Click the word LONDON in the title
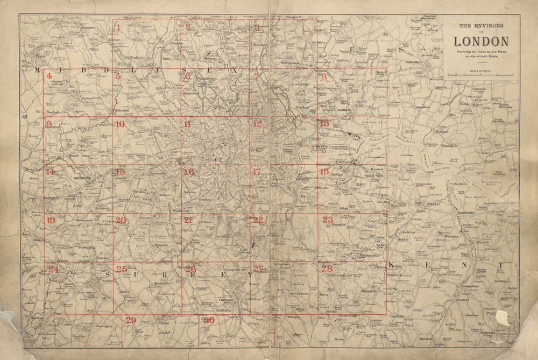coord(481,41)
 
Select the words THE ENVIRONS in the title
coord(481,25)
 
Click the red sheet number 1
coord(118,26)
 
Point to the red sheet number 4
coord(49,76)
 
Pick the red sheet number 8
coord(324,76)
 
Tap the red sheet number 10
coord(120,124)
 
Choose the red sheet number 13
coord(324,124)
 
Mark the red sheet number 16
coord(188,172)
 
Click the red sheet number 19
coord(51,221)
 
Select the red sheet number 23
coord(327,220)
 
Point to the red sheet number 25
coord(122,269)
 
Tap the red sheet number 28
coord(327,269)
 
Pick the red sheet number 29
coord(131,320)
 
